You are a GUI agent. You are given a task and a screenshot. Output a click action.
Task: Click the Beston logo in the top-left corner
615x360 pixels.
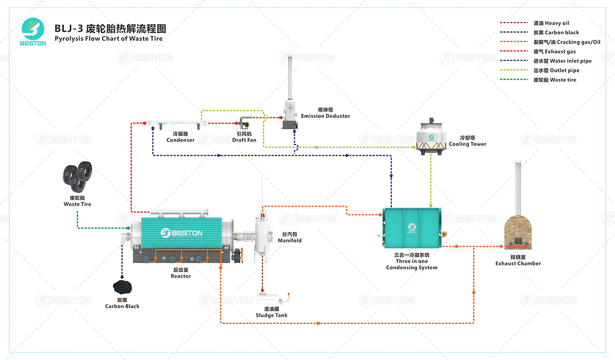[33, 32]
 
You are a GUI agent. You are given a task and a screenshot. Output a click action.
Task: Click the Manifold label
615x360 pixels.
[290, 237]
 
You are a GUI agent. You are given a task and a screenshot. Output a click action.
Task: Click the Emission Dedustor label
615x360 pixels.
[325, 113]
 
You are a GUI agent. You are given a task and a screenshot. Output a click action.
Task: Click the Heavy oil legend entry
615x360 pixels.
[550, 23]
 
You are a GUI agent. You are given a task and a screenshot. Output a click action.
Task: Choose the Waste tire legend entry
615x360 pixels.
[555, 80]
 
